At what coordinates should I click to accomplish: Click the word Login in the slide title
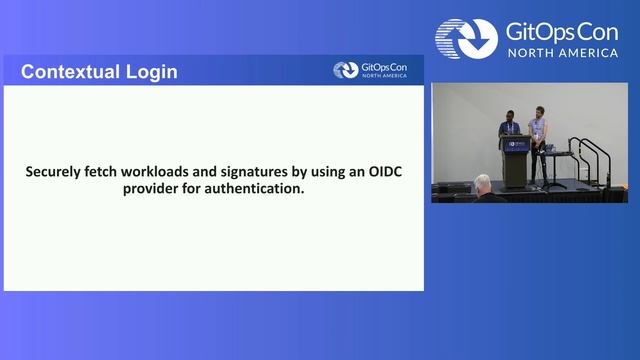pyautogui.click(x=151, y=72)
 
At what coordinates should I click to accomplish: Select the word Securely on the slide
pyautogui.click(x=58, y=171)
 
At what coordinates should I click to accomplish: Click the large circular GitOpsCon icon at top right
pyautogui.click(x=466, y=37)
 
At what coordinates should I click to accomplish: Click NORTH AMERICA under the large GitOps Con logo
pyautogui.click(x=562, y=52)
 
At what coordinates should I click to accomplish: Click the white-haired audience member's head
pyautogui.click(x=483, y=183)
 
